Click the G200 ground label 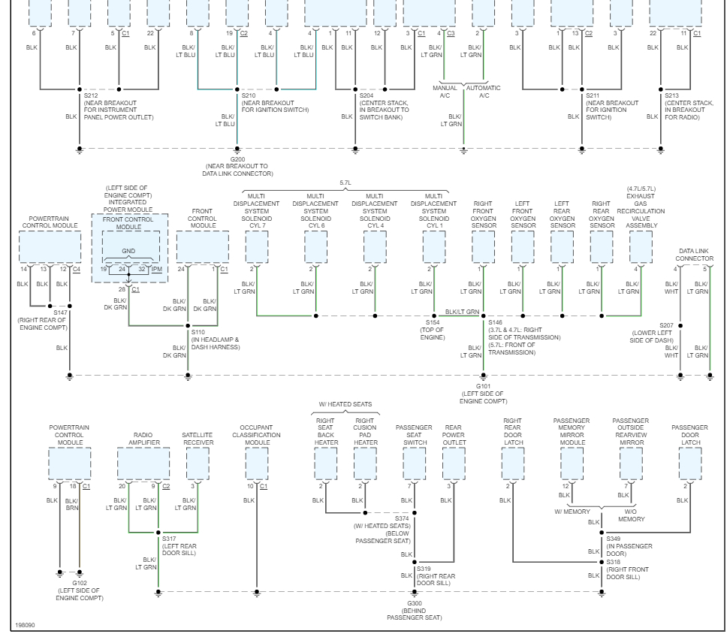pos(237,159)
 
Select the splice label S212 pos(91,95)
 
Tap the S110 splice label pos(198,331)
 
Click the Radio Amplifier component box pos(143,464)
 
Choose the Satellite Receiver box pos(198,464)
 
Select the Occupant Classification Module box pos(257,464)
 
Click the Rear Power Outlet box pos(454,464)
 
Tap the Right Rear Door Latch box pos(513,464)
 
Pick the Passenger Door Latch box pos(690,464)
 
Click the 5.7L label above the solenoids pos(345,183)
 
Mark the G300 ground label pos(414,603)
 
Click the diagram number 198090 pos(25,625)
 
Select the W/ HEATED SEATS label pos(345,405)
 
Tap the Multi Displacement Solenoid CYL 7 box pos(257,247)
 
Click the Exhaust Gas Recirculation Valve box pos(641,247)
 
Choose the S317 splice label pos(168,538)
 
